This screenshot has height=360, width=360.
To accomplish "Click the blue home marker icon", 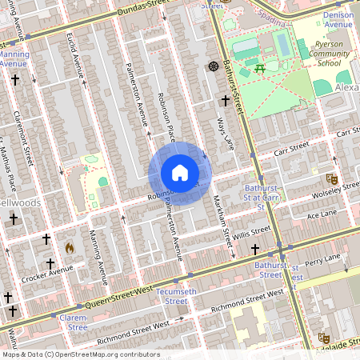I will pos(179,173).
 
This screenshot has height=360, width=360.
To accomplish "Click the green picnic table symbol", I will pos(260,69).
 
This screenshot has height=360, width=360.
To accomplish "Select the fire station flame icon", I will pos(69,248).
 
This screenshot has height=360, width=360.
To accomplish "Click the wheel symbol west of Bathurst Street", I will pos(213,66).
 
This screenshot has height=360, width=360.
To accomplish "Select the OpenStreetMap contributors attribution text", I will pos(80,354).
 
